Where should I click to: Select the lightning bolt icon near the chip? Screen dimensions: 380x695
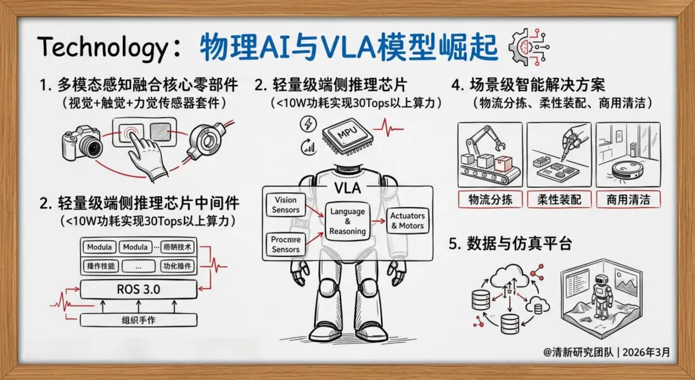308,123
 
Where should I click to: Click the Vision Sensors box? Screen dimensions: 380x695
286,205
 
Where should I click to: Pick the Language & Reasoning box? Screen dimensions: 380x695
347,221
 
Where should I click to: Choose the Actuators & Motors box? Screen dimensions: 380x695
407,221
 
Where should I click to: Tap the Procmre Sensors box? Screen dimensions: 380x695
286,244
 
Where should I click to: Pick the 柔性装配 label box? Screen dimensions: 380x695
559,199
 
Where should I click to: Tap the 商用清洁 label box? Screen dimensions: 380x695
628,199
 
